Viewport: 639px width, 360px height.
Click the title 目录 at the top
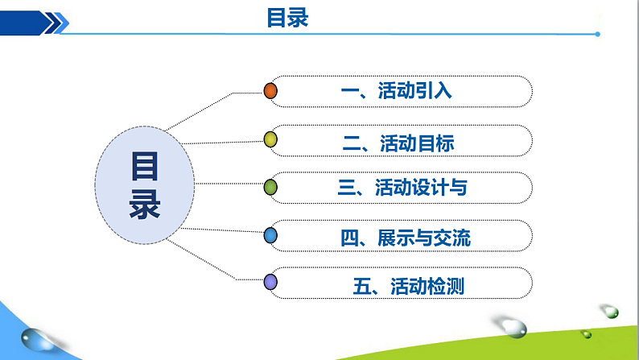[287, 18]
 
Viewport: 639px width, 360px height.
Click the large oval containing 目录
[144, 186]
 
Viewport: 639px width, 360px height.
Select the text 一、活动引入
[396, 91]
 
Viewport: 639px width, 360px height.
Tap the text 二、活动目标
[398, 143]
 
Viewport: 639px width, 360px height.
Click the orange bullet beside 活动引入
[271, 91]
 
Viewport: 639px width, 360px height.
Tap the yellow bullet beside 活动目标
[271, 141]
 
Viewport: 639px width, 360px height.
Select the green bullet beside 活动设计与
[271, 188]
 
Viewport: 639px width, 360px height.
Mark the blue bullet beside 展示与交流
[271, 235]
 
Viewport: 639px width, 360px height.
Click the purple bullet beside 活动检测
[271, 282]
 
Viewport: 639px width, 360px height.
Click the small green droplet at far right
[611, 311]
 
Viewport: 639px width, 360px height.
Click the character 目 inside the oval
[145, 168]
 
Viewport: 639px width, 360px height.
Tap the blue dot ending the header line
[596, 34]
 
